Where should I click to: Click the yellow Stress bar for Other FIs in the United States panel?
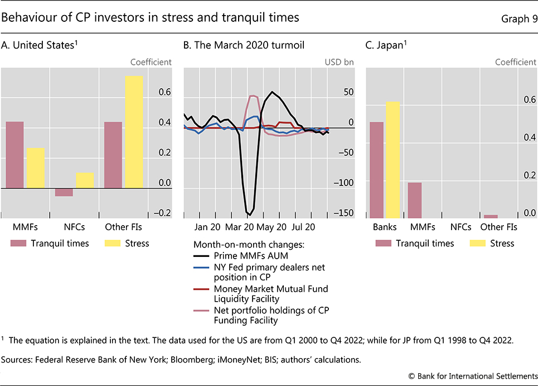pos(134,132)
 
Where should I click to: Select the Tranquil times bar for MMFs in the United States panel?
pos(15,155)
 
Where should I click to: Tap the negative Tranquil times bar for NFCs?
pos(64,192)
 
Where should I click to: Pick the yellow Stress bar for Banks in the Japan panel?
pos(392,159)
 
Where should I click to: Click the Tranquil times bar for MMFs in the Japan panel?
pos(414,199)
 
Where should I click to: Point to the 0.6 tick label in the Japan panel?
pos(529,100)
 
